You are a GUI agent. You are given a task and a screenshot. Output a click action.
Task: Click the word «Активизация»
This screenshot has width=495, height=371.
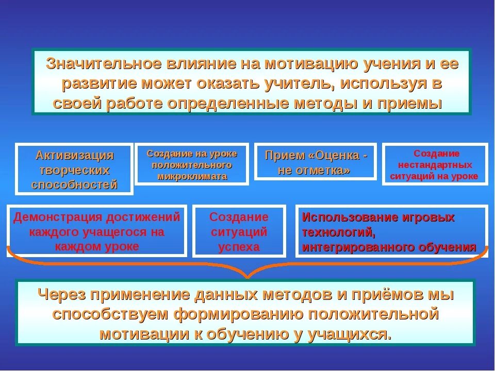75,155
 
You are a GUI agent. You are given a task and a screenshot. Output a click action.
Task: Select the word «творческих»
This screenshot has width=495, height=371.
75,170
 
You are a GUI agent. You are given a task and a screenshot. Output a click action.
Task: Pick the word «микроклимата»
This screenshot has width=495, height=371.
192,176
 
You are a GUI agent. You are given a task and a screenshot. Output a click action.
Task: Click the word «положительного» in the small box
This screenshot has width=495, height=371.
192,165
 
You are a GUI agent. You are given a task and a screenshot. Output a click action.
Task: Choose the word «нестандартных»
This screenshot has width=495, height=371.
435,165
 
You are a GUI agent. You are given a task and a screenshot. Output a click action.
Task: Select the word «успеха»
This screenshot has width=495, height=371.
239,247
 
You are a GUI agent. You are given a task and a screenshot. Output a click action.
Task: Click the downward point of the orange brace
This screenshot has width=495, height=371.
247,277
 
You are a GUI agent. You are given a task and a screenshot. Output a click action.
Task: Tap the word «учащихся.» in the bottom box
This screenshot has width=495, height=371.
349,333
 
